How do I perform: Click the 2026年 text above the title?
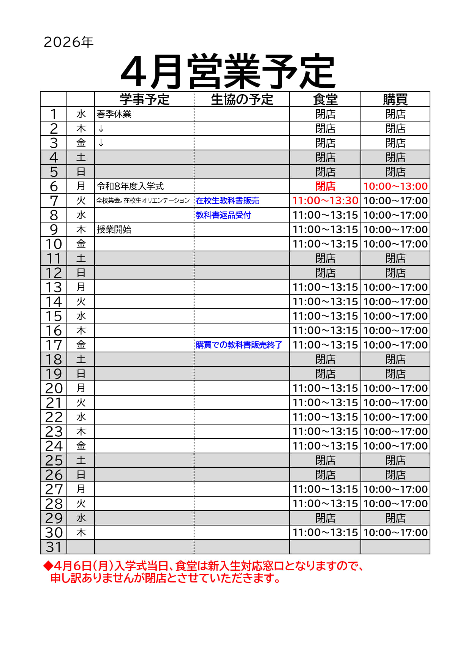point(68,42)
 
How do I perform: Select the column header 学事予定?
point(144,99)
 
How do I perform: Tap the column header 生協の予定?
point(242,99)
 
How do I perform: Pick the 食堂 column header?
point(325,99)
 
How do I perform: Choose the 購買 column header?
point(395,99)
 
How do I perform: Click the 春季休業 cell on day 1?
point(114,114)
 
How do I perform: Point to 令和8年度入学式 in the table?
point(130,186)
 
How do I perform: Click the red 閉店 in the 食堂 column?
point(325,186)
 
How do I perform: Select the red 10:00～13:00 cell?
point(395,186)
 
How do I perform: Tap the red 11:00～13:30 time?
point(325,200)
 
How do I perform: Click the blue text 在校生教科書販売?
point(228,200)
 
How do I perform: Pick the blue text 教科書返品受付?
point(223,215)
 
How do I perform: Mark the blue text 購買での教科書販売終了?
point(239,345)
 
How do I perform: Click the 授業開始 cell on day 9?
point(114,229)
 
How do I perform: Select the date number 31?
point(54,547)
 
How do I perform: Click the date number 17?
point(54,345)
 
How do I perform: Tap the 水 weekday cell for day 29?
point(81,518)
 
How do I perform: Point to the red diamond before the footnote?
point(48,566)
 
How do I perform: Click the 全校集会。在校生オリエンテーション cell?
point(143,200)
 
